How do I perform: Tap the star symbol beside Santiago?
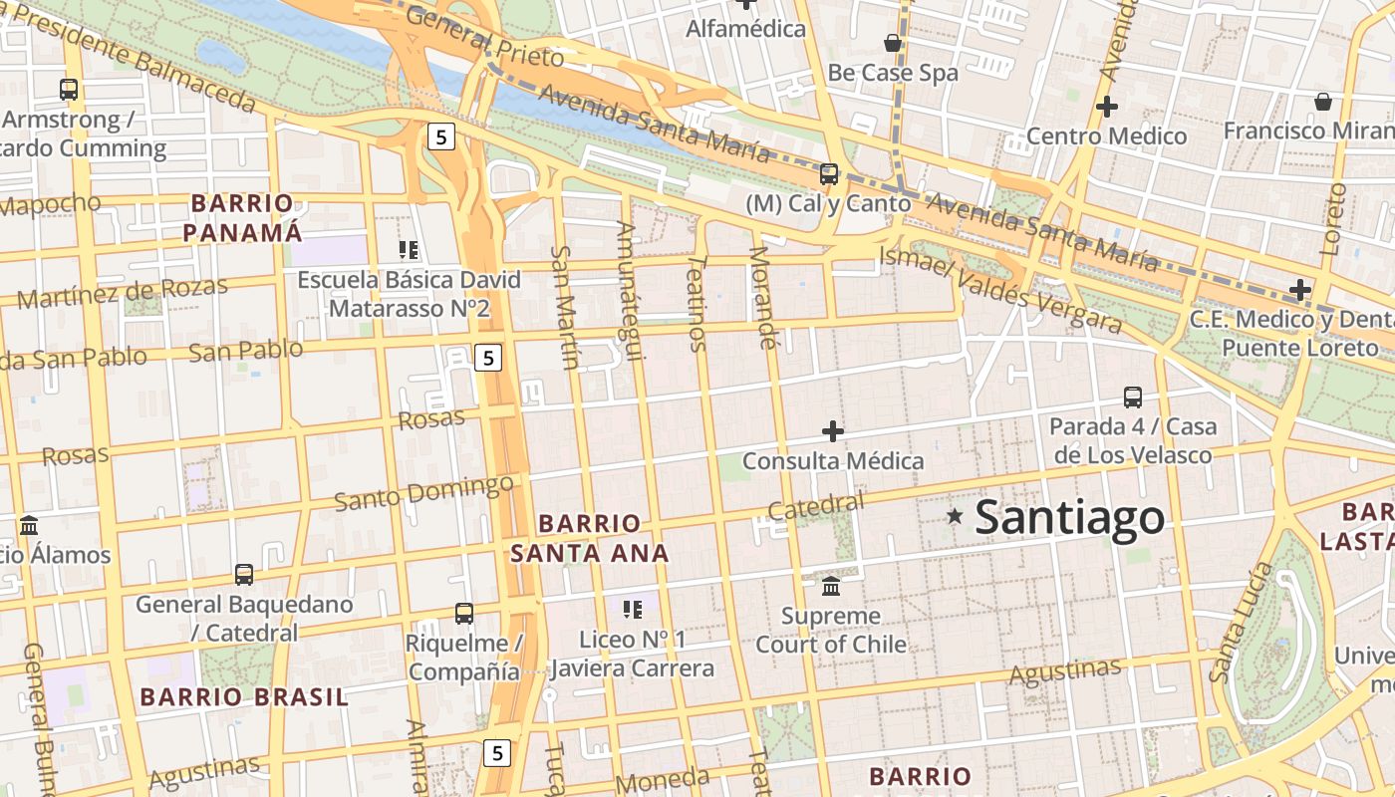955,516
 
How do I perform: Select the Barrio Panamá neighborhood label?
244,218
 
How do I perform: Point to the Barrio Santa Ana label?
590,538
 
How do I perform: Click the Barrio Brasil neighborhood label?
245,696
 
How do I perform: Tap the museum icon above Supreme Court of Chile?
831,585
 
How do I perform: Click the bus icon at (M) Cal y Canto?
829,174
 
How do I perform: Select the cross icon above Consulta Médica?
833,431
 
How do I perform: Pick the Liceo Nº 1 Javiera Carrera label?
632,654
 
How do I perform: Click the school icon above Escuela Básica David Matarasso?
409,249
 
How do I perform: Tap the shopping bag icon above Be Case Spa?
893,43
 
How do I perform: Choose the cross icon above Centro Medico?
1106,106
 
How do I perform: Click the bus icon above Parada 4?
1133,397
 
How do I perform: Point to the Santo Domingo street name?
423,493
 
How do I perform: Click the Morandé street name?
762,297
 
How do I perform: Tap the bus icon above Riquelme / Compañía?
464,613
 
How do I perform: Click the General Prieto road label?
485,44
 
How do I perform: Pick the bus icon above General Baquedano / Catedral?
244,574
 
